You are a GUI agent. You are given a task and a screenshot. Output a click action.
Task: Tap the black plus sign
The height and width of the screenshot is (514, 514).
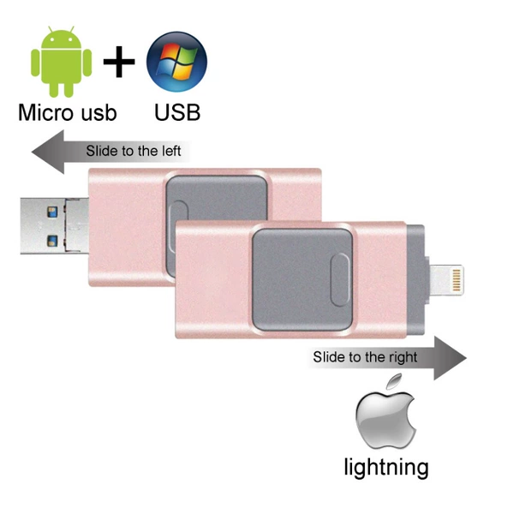[119, 62]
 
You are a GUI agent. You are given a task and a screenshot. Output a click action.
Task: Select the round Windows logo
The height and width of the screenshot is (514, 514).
[176, 62]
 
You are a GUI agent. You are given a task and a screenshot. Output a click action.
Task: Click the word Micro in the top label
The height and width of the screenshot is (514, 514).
[45, 113]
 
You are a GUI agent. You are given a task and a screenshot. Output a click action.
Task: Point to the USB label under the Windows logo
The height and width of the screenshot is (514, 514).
[177, 113]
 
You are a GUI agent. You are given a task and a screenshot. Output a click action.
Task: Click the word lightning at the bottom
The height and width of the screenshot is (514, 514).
[386, 467]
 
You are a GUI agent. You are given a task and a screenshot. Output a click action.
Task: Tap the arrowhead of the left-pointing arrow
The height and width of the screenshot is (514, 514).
[47, 152]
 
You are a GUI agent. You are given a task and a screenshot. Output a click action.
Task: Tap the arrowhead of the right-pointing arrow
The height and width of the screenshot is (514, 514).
[450, 357]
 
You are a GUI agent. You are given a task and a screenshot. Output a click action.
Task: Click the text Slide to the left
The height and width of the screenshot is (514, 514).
[134, 151]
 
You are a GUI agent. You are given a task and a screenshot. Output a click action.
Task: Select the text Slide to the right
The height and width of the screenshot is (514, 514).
[365, 357]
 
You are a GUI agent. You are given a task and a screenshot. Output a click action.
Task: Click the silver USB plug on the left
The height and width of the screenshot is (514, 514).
[55, 226]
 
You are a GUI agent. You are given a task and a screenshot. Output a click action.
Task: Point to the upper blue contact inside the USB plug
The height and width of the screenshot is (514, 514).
[52, 212]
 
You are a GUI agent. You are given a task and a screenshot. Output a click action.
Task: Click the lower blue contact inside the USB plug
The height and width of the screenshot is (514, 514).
[52, 241]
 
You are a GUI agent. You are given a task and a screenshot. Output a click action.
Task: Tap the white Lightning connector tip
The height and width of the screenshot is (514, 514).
[447, 280]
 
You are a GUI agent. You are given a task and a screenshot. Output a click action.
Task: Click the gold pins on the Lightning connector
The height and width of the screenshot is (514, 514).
[457, 280]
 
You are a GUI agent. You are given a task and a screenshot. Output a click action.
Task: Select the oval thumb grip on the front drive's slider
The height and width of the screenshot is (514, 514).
[340, 280]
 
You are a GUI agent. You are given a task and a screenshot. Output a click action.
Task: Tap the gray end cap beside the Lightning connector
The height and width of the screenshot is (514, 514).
[415, 280]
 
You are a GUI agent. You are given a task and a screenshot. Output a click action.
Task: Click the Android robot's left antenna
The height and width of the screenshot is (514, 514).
[51, 29]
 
